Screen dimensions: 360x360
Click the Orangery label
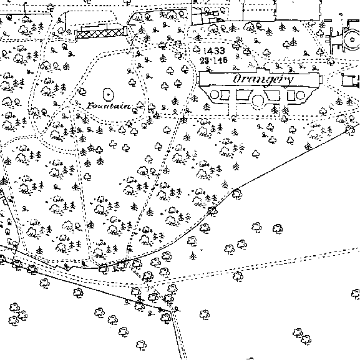pos(263,80)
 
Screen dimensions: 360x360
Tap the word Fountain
pos(109,106)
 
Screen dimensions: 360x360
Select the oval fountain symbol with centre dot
pos(109,94)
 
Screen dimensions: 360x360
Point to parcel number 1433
pos(214,51)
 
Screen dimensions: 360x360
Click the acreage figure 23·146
pos(214,61)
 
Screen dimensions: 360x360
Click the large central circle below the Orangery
pos(258,100)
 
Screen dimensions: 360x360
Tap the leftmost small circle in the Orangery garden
pos(214,95)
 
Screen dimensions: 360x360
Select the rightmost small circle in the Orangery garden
pos(301,95)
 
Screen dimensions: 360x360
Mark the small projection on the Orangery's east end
pos(321,79)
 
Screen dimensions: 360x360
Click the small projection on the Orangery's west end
pos(198,80)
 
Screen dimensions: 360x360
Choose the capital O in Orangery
pos(238,79)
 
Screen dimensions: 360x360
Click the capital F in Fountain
pos(90,106)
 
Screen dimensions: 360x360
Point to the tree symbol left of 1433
pos(197,49)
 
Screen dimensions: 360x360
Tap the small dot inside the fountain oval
pos(109,94)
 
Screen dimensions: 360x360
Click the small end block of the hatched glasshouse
pos(125,31)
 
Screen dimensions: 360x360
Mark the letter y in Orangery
pos(289,81)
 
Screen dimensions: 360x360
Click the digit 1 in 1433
pos(205,51)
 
